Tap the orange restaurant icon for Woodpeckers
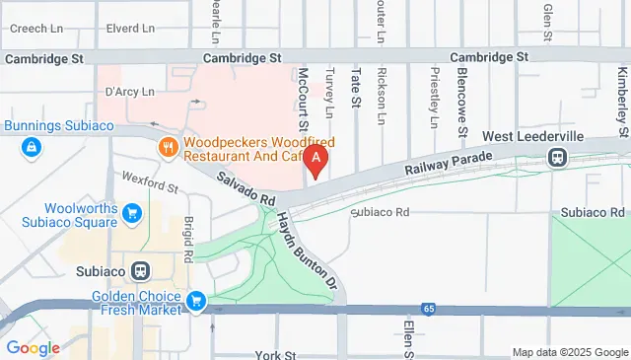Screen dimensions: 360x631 [169, 148]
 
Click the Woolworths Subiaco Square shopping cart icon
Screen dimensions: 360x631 [132, 211]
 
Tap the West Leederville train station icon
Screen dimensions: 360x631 [558, 156]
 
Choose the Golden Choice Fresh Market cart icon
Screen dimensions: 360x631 [196, 300]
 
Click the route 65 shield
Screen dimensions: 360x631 [428, 309]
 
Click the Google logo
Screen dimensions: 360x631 [33, 347]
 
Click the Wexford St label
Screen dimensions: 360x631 [150, 181]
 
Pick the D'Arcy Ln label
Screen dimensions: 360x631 [130, 92]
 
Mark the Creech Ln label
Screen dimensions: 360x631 [30, 29]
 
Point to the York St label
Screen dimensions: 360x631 [275, 353]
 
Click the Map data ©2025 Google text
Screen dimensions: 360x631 [569, 352]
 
